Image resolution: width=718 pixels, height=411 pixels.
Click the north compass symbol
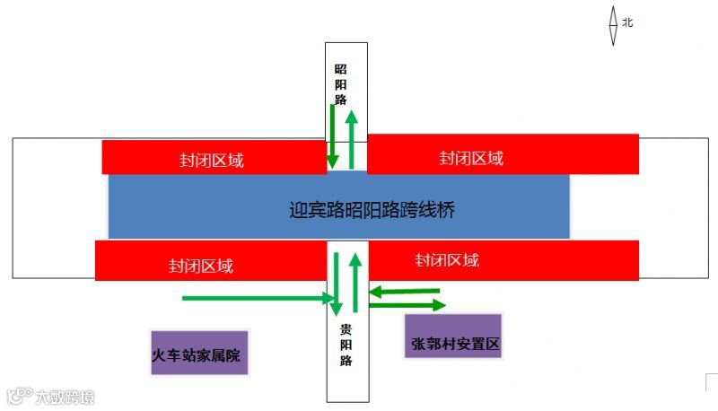613,26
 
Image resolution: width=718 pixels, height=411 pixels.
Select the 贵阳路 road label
346,345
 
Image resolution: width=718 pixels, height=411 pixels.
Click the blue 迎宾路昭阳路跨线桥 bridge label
372,211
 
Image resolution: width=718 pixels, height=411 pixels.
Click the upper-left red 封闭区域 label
211,161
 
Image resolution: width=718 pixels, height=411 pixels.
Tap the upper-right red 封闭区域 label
471,158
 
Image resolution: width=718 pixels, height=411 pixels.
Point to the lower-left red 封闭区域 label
200,266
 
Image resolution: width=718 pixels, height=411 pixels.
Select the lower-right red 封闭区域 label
447,260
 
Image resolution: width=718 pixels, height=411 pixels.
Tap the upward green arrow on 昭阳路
352,139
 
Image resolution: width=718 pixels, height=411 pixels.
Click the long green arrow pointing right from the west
256,298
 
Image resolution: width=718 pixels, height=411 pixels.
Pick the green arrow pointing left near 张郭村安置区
406,291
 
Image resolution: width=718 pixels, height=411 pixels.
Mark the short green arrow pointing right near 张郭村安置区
406,305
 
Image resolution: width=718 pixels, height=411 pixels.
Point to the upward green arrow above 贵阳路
356,283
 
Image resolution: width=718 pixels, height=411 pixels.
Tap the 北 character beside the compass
628,22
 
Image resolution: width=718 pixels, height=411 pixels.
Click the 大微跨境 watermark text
65,396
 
